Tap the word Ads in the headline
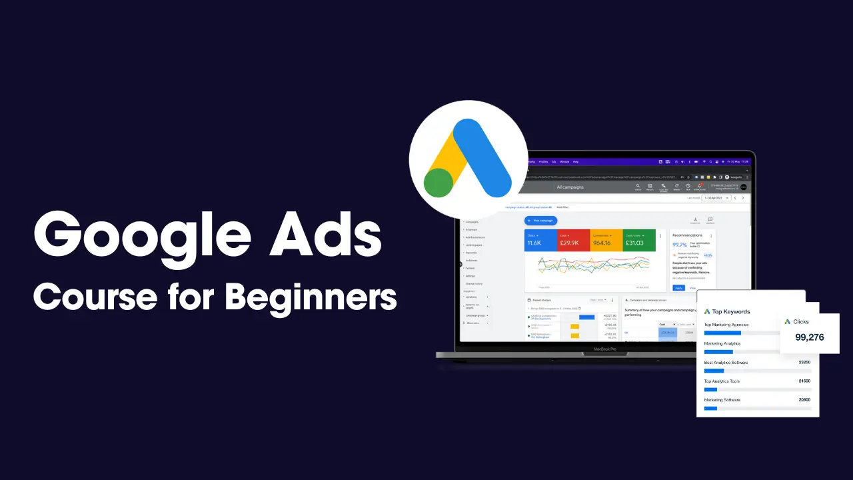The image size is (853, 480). point(327,237)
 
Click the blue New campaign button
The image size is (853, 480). point(540,220)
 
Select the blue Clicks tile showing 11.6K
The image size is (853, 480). point(540,240)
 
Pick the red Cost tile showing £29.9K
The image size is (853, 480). point(573,240)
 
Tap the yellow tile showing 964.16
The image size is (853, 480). point(606,240)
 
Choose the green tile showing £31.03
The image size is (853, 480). point(638,240)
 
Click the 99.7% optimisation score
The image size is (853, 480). point(680,245)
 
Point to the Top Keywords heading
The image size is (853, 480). point(731,311)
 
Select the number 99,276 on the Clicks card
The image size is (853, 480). point(809,337)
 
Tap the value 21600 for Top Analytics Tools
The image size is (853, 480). point(804,381)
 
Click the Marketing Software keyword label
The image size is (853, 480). point(722,400)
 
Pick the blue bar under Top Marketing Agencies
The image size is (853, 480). point(722,333)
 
